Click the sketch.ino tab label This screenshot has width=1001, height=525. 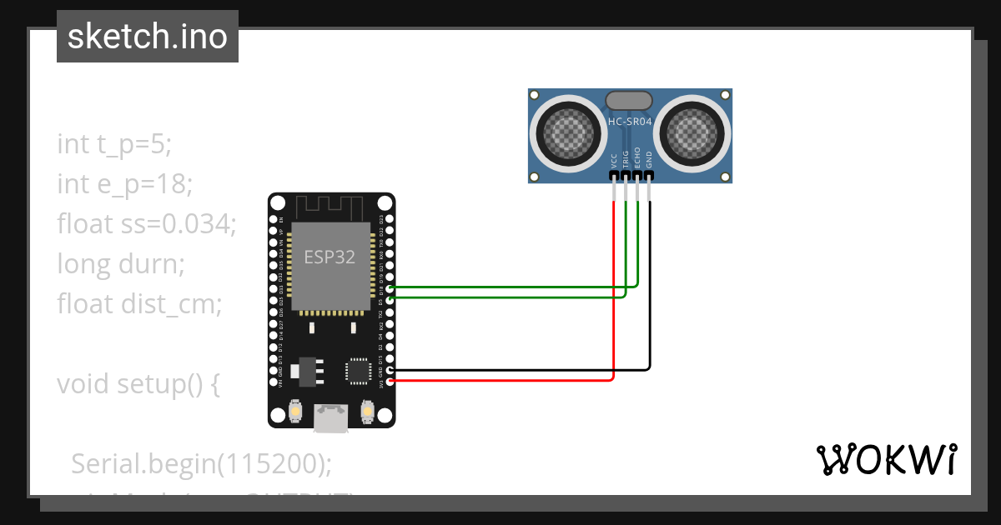pyautogui.click(x=147, y=37)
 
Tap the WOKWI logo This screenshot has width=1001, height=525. pyautogui.click(x=885, y=460)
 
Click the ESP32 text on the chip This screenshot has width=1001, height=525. pyautogui.click(x=329, y=257)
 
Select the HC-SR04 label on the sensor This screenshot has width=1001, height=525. pyautogui.click(x=630, y=122)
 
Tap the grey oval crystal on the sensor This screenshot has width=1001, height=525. pyautogui.click(x=629, y=101)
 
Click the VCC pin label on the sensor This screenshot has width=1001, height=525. pyautogui.click(x=615, y=160)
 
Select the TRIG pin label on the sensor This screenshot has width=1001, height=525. pyautogui.click(x=626, y=160)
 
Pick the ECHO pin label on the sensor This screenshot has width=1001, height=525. pyautogui.click(x=637, y=159)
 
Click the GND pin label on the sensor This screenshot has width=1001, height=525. pyautogui.click(x=649, y=160)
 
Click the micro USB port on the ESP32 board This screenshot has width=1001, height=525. pyautogui.click(x=331, y=418)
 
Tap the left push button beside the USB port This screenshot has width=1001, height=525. pyautogui.click(x=294, y=411)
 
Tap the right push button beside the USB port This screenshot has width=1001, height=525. pyautogui.click(x=367, y=411)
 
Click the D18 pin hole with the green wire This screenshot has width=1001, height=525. pyautogui.click(x=390, y=287)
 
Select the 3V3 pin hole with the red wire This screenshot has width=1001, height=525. pyautogui.click(x=390, y=381)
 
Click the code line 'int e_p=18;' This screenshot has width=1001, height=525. pyautogui.click(x=125, y=183)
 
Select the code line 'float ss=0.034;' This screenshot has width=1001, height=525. pyautogui.click(x=147, y=223)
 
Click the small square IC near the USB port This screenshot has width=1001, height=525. pyautogui.click(x=359, y=371)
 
